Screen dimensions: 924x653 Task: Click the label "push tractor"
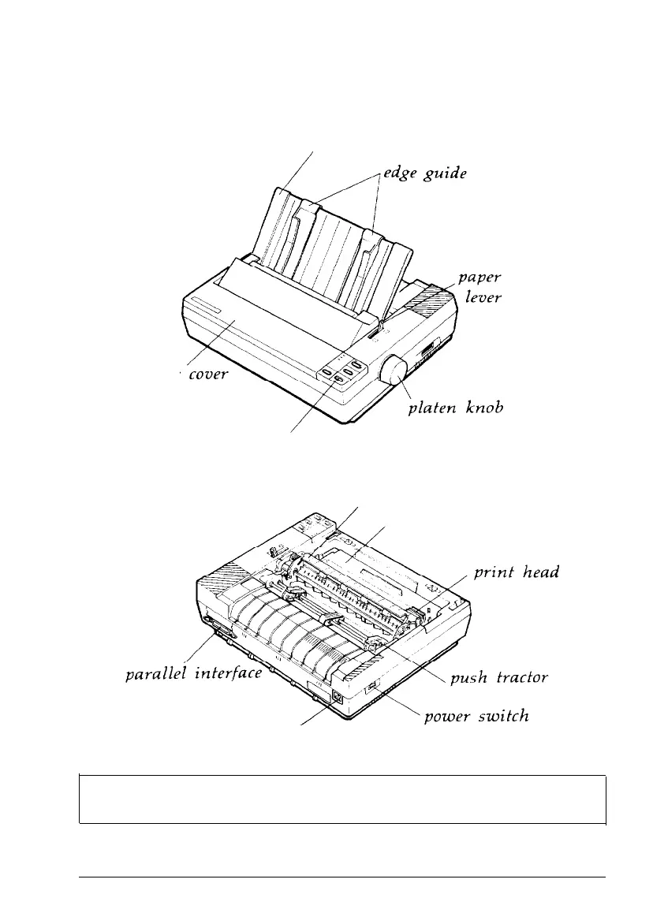point(498,678)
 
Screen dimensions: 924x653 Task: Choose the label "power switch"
point(475,717)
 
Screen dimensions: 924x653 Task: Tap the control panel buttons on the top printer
point(342,371)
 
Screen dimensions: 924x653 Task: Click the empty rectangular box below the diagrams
point(342,799)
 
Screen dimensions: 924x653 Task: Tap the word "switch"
point(501,717)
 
